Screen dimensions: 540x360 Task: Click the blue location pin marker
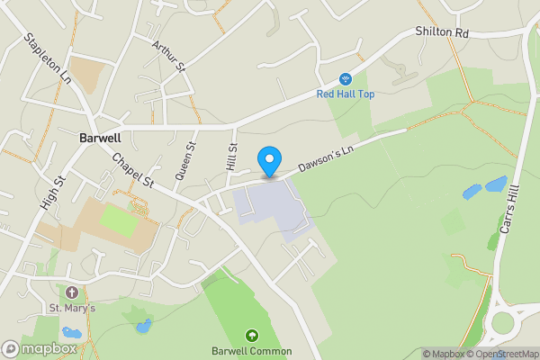pyautogui.click(x=268, y=162)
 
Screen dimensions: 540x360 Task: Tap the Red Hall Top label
pyautogui.click(x=345, y=94)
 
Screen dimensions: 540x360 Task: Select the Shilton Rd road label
pyautogui.click(x=443, y=31)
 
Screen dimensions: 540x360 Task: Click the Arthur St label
pyautogui.click(x=168, y=56)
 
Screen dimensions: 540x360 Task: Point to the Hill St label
pyautogui.click(x=232, y=158)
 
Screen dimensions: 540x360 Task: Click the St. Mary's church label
pyautogui.click(x=72, y=310)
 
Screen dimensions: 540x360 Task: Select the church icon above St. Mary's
pyautogui.click(x=72, y=293)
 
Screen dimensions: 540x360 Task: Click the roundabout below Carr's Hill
pyautogui.click(x=508, y=320)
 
